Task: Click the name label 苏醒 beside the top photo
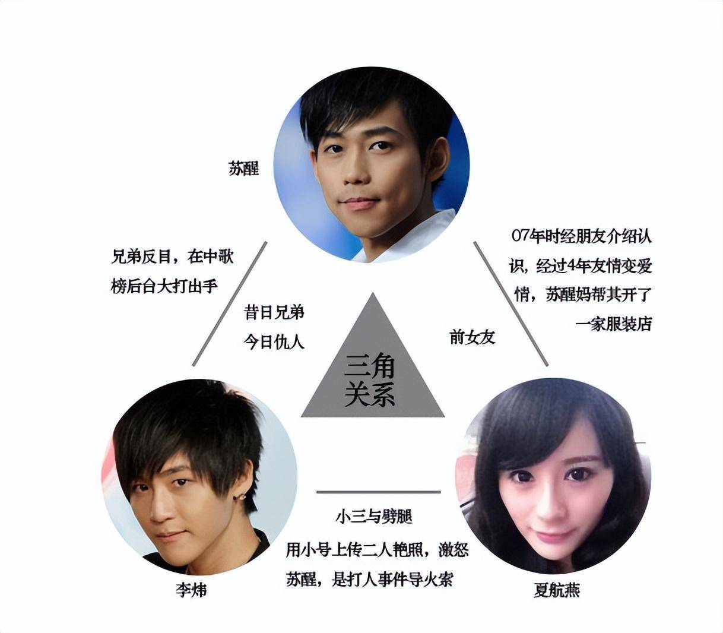click(x=243, y=168)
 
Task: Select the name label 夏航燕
click(x=557, y=590)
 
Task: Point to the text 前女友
click(x=473, y=337)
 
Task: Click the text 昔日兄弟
click(x=274, y=312)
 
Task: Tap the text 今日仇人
click(x=274, y=342)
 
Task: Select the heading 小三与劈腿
click(x=374, y=517)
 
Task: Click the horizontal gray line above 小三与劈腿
click(x=379, y=492)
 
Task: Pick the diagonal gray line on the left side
click(x=229, y=303)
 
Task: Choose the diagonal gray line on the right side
click(x=511, y=303)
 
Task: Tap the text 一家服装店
click(x=614, y=324)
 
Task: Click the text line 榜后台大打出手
click(x=164, y=286)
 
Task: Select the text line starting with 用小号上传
click(x=378, y=550)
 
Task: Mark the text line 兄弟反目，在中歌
click(x=173, y=257)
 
